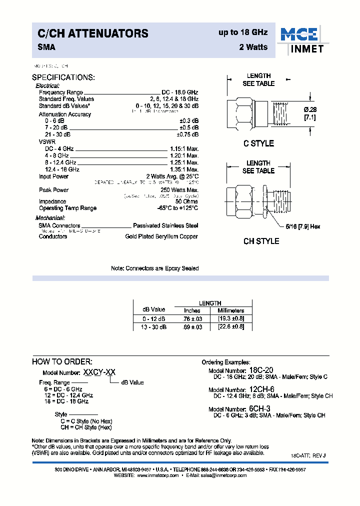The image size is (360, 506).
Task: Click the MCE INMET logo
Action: pyautogui.click(x=301, y=40)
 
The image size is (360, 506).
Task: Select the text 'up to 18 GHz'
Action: pyautogui.click(x=243, y=32)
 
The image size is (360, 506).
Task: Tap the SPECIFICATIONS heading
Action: pyautogui.click(x=63, y=77)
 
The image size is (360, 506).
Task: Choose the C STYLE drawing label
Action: pyautogui.click(x=258, y=143)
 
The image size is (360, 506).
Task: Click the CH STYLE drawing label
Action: pyautogui.click(x=261, y=241)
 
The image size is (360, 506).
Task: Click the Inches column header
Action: pyautogui.click(x=192, y=310)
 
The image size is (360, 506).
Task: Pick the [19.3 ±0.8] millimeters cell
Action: pyautogui.click(x=230, y=318)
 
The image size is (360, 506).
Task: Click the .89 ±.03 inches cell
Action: pyautogui.click(x=192, y=326)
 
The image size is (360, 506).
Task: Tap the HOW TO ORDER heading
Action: pyautogui.click(x=62, y=361)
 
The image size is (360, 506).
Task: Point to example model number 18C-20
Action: pyautogui.click(x=261, y=370)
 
